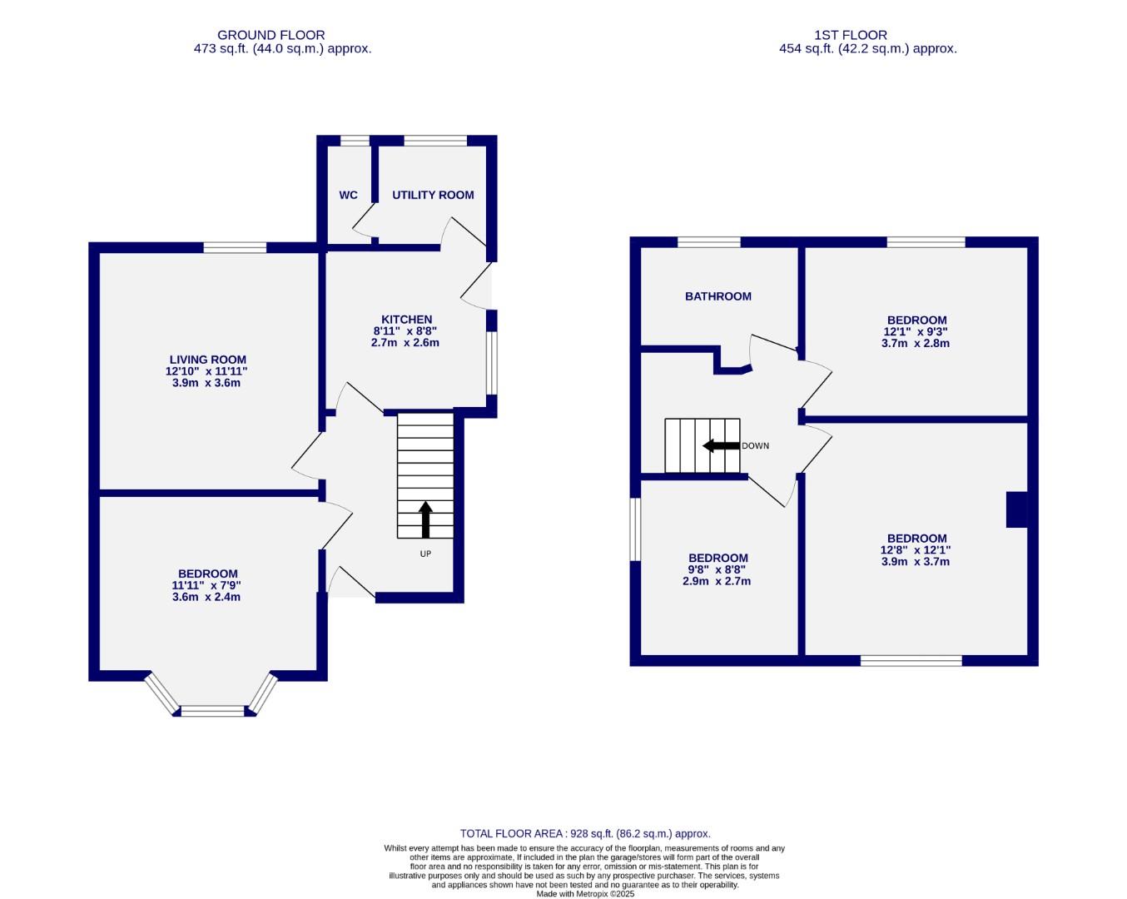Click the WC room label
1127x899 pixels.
[348, 196]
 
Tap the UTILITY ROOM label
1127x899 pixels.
[433, 196]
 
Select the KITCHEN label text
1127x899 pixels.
[406, 320]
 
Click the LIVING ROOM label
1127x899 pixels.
[207, 360]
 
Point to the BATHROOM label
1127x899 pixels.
[717, 296]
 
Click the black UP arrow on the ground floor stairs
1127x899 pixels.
[425, 519]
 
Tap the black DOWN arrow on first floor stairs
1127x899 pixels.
[721, 446]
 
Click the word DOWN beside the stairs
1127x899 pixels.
[756, 446]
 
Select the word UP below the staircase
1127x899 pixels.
[425, 554]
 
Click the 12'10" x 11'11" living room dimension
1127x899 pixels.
[207, 372]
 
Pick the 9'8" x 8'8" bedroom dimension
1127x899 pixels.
[717, 570]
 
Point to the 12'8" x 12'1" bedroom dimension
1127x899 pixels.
[916, 550]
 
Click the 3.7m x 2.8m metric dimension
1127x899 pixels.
[916, 343]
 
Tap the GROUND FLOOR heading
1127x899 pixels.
[271, 35]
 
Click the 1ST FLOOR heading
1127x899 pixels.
[851, 35]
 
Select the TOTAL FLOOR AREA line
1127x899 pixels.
[585, 833]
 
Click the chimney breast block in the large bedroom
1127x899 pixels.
[1016, 509]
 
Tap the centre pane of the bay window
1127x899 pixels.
[213, 711]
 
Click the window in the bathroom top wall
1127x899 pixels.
[708, 242]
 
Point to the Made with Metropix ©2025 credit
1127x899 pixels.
[585, 894]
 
